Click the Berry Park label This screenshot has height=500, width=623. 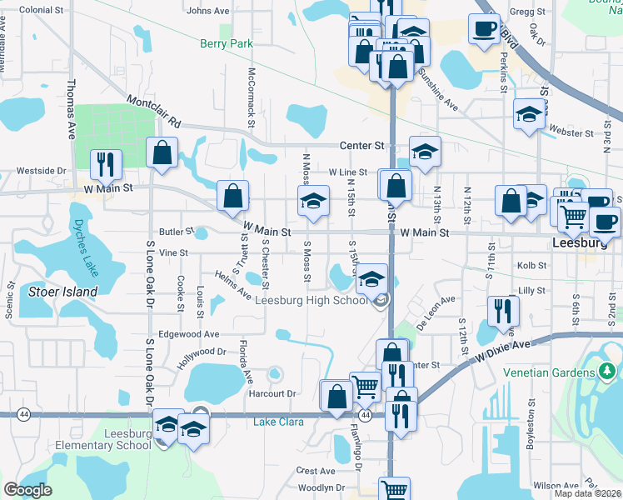point(226,43)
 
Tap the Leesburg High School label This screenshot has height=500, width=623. point(311,301)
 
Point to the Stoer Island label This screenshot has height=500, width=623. point(63,292)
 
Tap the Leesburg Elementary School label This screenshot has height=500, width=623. point(128,438)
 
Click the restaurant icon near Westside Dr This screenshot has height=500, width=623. point(105,164)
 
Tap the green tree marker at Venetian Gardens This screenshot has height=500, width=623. point(608,369)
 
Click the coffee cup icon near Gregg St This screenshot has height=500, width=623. point(483,31)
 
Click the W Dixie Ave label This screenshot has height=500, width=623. point(503,353)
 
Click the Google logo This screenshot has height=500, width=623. point(28,490)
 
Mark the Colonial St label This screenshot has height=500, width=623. point(41,10)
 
